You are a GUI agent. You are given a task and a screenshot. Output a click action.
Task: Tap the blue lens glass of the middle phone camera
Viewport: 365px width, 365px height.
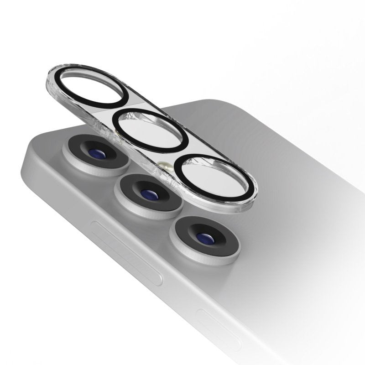tap(148, 194)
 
